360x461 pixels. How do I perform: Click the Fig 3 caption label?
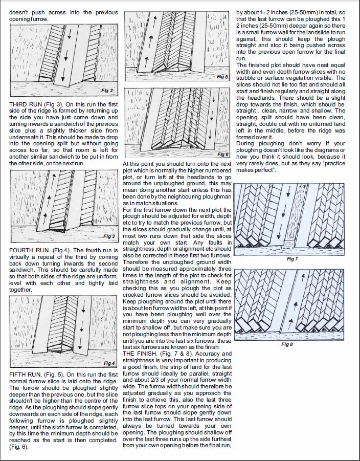[x=109, y=236]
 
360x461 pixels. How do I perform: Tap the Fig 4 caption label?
[x=109, y=363]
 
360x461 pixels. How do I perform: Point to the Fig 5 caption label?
[x=222, y=77]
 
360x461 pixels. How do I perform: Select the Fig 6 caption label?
[x=222, y=154]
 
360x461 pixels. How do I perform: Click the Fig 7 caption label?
[x=292, y=259]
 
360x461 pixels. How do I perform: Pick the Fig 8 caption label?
[x=287, y=344]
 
